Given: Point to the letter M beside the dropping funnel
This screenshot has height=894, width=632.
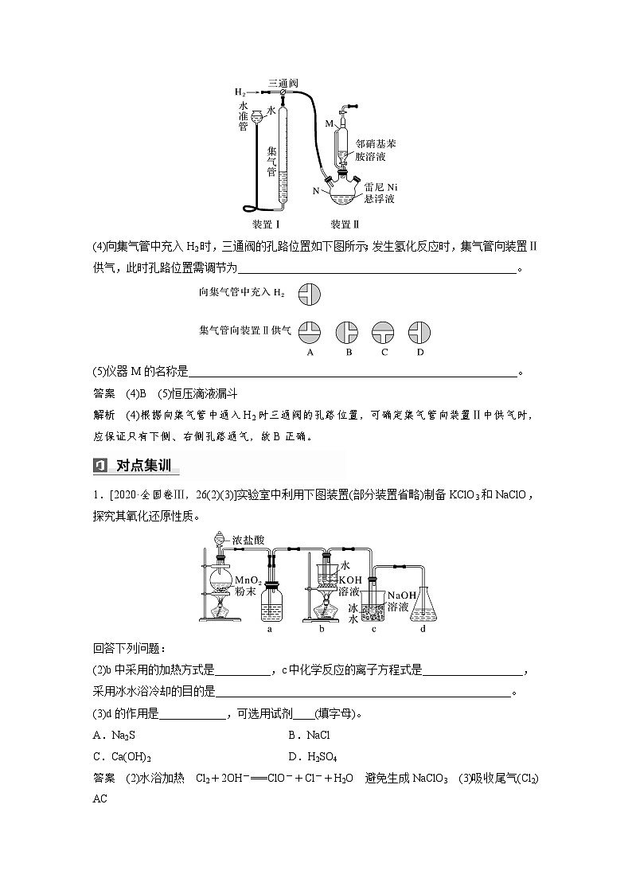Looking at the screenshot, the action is (329, 123).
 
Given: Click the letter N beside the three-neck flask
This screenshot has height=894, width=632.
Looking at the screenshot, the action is (317, 191).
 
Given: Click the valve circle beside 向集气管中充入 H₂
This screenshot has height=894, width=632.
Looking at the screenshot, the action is (310, 293).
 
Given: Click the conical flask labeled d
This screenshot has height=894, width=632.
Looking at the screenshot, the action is (423, 606).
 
